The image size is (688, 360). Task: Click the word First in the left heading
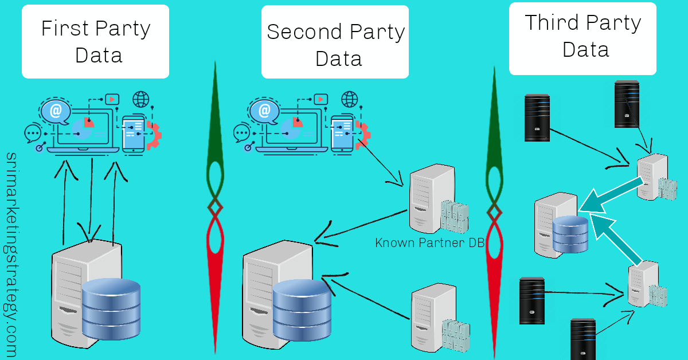(64, 29)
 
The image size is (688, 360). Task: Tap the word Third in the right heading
(551, 23)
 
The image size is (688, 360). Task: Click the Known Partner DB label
(430, 243)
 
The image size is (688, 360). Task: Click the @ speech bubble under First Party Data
(56, 111)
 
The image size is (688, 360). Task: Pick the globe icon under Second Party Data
(349, 99)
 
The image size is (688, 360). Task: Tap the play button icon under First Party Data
(112, 99)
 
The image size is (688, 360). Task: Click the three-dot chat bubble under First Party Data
(33, 134)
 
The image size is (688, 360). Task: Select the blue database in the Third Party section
(570, 234)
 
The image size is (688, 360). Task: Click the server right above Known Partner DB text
(430, 198)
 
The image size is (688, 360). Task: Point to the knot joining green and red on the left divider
(215, 205)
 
